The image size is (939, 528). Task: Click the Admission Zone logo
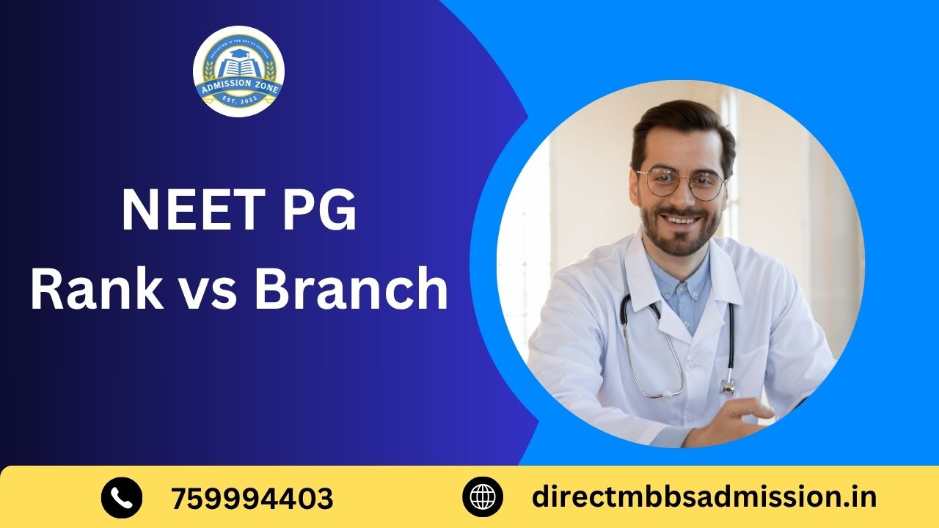[x=238, y=71]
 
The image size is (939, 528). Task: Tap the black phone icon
[x=121, y=497]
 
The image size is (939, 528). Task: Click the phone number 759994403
[x=252, y=499]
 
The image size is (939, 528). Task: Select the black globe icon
[x=482, y=497]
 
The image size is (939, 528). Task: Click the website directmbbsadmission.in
[x=704, y=497]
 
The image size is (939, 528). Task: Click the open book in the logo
[x=238, y=67]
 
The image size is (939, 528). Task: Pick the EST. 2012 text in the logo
[x=238, y=104]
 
